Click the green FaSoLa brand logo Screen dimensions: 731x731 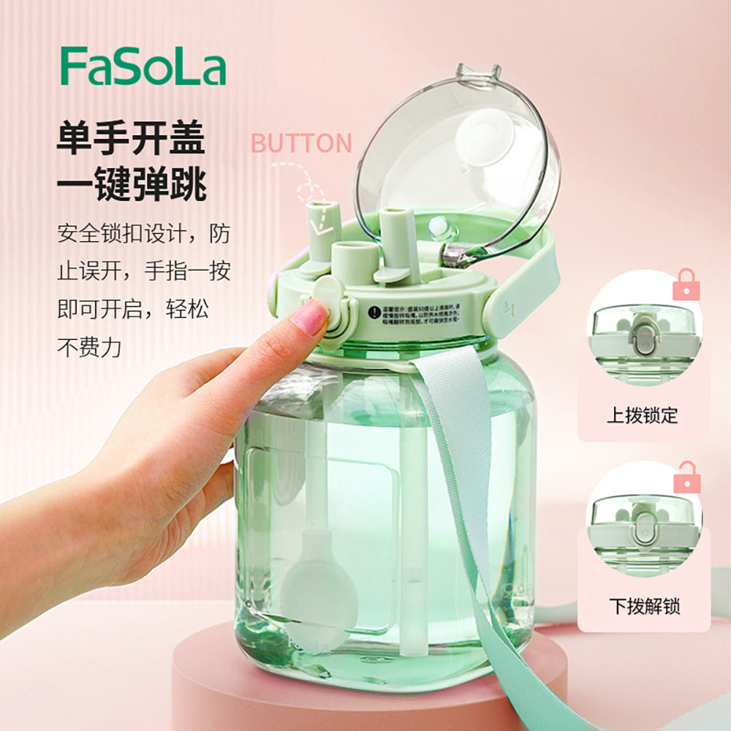pos(143,67)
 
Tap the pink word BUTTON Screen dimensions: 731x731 pos(301,143)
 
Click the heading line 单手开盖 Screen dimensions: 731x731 pos(132,139)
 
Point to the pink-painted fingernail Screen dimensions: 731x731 pos(310,317)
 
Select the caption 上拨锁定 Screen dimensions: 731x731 pos(643,416)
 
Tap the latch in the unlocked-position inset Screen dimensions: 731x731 pos(643,529)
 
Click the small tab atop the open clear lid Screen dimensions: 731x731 pos(478,72)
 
